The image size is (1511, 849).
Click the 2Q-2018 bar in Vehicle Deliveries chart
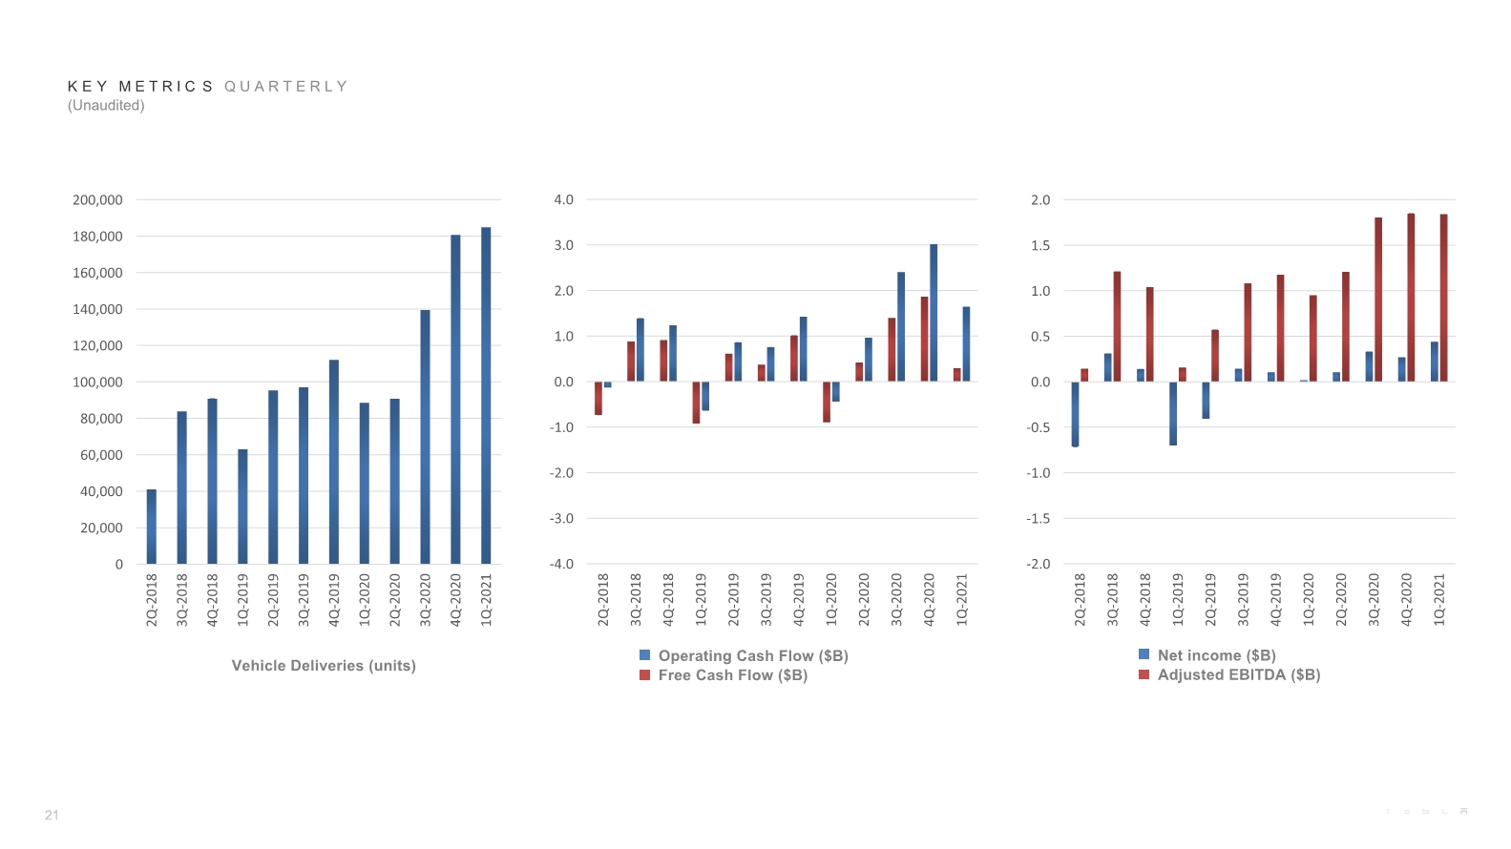click(152, 527)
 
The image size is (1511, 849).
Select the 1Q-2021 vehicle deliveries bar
click(486, 396)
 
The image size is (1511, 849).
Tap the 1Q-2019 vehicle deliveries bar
click(242, 507)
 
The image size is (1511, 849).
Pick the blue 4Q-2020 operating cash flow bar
click(934, 313)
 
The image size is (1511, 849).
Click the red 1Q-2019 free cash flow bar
click(696, 403)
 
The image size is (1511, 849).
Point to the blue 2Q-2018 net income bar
click(1075, 414)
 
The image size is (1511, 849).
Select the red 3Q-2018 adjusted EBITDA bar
click(1117, 326)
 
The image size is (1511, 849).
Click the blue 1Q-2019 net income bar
click(1173, 413)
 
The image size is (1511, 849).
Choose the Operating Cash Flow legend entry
click(744, 655)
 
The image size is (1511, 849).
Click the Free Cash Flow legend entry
click(724, 675)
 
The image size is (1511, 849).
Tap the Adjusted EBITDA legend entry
click(1229, 674)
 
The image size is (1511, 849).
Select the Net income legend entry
click(1207, 654)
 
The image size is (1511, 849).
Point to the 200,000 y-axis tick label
click(97, 199)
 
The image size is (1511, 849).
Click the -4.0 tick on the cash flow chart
click(561, 564)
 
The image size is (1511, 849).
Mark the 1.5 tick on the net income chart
click(1040, 245)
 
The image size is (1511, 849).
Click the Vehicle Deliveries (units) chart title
click(324, 666)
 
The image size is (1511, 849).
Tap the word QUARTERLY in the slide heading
click(286, 86)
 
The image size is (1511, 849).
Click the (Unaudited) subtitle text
click(106, 105)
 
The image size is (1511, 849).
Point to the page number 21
click(52, 816)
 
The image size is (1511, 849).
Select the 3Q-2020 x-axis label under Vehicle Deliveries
click(425, 600)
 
